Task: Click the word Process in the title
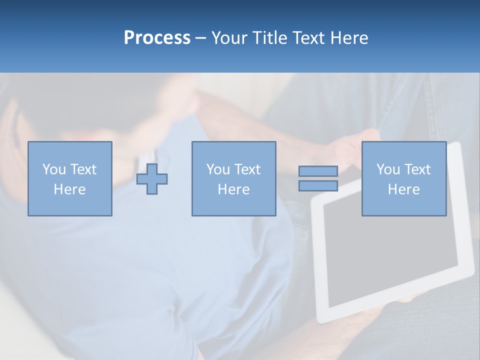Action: (157, 38)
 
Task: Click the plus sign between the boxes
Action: (152, 179)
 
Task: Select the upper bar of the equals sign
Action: (318, 171)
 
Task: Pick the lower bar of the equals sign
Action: (318, 185)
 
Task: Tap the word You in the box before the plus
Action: (54, 169)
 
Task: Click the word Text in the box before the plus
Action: (82, 169)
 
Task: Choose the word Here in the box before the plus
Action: (69, 189)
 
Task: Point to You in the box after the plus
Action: (218, 169)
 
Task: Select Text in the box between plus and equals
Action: (246, 169)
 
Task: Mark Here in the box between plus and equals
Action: (233, 189)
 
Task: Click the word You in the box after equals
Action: (388, 169)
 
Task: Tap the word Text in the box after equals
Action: (416, 169)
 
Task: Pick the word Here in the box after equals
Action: (403, 189)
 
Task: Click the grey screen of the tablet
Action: (390, 260)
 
